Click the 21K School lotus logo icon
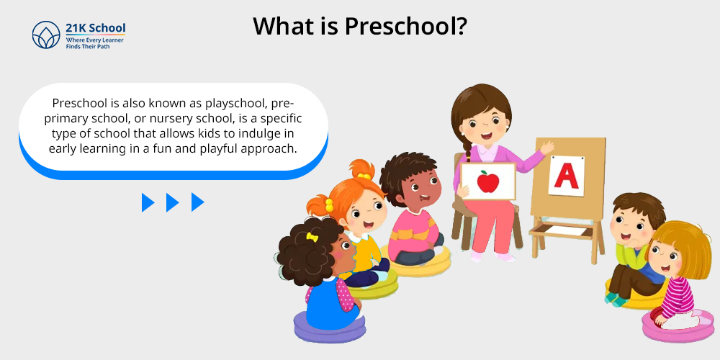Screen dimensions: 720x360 coord(46,35)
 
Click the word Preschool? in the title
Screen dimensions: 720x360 coord(406,26)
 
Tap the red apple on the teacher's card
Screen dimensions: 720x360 coord(487,181)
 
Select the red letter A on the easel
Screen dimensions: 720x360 coord(566,176)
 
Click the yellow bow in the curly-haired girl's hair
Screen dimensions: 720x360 coord(312,237)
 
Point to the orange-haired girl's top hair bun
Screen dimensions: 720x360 coord(361,169)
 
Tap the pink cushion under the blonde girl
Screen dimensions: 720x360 coord(678,327)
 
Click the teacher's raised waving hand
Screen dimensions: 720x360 coord(546,148)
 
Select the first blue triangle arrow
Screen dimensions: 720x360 coord(148,202)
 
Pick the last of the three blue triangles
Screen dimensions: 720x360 coord(197,202)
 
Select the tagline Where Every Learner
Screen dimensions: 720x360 coord(94,40)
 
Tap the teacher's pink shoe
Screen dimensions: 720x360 coord(505,257)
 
